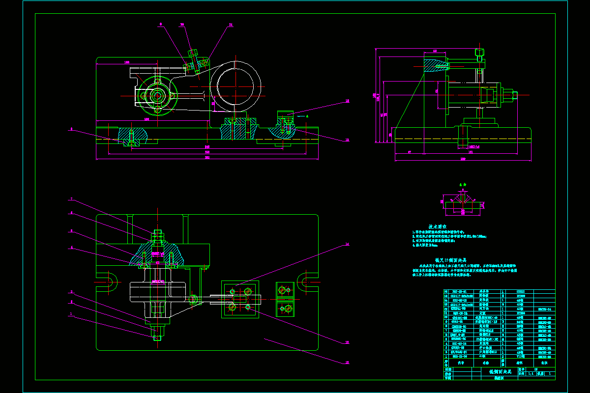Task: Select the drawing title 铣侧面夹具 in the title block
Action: pos(500,372)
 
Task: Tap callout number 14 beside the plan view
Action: pos(346,244)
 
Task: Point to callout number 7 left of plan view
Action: pos(71,199)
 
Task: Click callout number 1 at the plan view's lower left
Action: pos(71,314)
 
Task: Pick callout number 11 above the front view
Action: pos(231,24)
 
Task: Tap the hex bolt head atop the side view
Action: pos(479,53)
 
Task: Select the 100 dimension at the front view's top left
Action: pos(127,62)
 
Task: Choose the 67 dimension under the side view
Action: pos(409,153)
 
